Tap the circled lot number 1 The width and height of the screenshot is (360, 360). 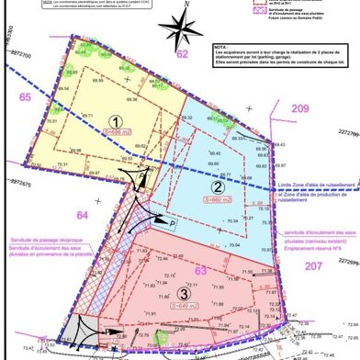click(116, 120)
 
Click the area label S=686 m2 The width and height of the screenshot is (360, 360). click(118, 133)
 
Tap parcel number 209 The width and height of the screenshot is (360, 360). click(300, 109)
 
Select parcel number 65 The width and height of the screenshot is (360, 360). click(25, 97)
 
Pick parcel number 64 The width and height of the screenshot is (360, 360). click(56, 215)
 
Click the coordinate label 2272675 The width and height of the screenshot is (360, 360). click(18, 184)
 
